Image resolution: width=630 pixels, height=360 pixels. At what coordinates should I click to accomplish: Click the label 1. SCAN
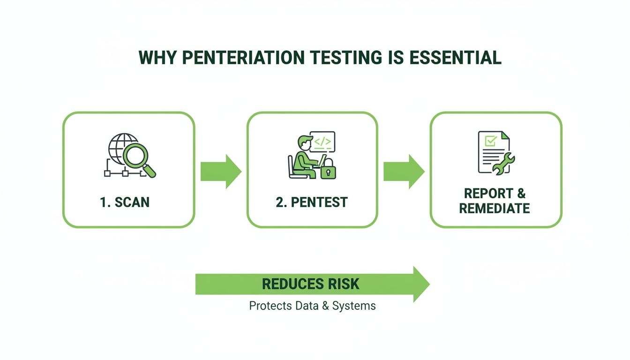[x=125, y=202]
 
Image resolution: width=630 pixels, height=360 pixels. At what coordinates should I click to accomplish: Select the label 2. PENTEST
[x=312, y=202]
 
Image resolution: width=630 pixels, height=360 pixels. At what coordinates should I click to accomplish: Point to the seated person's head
[x=302, y=142]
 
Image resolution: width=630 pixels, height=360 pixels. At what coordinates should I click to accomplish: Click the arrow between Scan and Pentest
[x=221, y=171]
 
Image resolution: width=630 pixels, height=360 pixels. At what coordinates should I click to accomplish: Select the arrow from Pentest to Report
[x=404, y=171]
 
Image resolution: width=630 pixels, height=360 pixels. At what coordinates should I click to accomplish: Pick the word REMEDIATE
[x=495, y=208]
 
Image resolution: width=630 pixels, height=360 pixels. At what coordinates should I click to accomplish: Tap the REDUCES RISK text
[x=310, y=284]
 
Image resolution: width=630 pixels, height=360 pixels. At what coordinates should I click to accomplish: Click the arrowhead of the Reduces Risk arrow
[x=421, y=284]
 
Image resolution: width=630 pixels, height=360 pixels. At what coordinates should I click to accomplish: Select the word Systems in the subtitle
[x=354, y=306]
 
